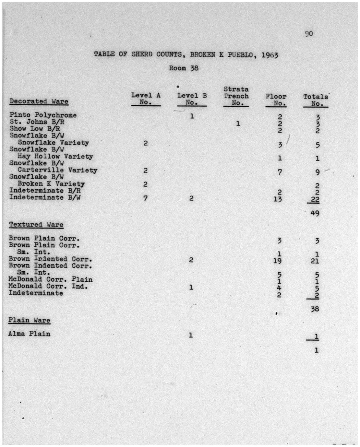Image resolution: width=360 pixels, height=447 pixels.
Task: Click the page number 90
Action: pos(309,33)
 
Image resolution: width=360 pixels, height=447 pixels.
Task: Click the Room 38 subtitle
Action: pos(184,68)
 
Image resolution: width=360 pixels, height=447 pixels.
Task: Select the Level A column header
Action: pos(146,99)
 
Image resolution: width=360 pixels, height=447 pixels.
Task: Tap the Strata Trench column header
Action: pos(236,96)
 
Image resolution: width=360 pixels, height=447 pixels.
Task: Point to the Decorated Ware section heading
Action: pos(39,101)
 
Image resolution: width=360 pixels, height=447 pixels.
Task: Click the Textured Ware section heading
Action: pos(36,225)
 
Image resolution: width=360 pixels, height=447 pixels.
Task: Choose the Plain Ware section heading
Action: pos(29,320)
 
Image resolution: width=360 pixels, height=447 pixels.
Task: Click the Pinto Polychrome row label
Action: pos(43,115)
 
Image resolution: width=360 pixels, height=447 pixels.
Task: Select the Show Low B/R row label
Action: pos(35,129)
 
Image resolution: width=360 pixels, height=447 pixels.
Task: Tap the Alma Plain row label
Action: pos(29,334)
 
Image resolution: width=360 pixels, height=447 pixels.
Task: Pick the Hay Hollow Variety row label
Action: pos(55,157)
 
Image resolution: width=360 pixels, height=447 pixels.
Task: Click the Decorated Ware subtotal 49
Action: pos(315,213)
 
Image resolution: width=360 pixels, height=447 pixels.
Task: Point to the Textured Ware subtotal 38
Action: pos(315,309)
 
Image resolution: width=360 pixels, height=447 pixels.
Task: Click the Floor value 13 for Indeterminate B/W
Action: pos(278,198)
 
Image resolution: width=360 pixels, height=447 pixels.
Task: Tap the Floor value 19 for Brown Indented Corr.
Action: pos(277,261)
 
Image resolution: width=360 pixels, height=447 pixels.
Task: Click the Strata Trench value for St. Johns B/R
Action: pos(238,124)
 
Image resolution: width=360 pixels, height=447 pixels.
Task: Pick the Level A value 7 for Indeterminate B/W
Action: pos(145,198)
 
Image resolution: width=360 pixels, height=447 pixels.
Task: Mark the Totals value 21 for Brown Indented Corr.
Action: pos(315,261)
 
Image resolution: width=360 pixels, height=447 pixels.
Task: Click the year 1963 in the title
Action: pos(270,55)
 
